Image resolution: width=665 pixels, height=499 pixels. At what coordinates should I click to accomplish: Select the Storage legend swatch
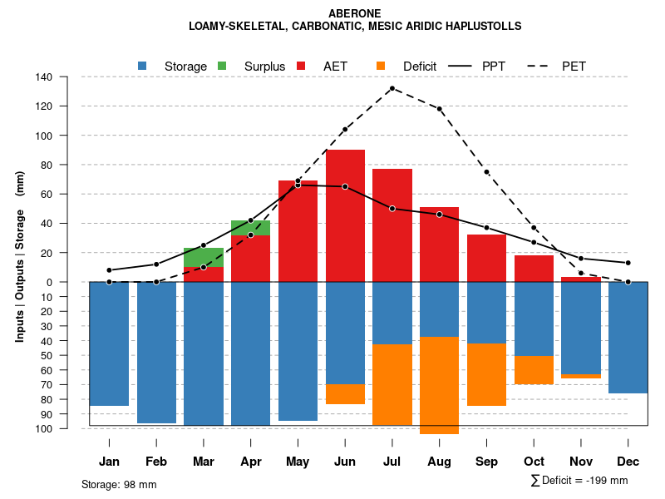pos(143,66)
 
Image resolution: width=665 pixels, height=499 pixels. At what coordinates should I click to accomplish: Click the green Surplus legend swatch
pos(222,66)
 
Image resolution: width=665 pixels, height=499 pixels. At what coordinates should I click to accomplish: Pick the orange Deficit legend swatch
pos(381,66)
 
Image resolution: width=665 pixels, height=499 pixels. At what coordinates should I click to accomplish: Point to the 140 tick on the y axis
pos(67,77)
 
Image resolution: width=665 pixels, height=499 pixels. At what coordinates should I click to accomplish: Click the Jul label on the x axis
pos(392,462)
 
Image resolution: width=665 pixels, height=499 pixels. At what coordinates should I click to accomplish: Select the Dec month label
pos(628,462)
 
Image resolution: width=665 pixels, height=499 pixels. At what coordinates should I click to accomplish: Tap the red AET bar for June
pos(345,216)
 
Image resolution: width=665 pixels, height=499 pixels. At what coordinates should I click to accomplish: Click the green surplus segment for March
pos(204,257)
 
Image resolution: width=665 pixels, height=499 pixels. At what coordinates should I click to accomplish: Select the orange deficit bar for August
pos(440,385)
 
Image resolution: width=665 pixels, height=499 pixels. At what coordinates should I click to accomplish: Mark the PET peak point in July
pos(392,88)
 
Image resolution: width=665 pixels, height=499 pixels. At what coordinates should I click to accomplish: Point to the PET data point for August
pos(440,109)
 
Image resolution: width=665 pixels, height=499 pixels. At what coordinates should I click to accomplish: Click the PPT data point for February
pos(156,264)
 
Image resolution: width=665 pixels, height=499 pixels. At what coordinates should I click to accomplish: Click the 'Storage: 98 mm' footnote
pos(119,484)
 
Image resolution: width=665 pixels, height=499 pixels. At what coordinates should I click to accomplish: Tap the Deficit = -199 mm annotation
pos(579,481)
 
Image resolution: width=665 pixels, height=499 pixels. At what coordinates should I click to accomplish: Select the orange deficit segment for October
pos(534,369)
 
